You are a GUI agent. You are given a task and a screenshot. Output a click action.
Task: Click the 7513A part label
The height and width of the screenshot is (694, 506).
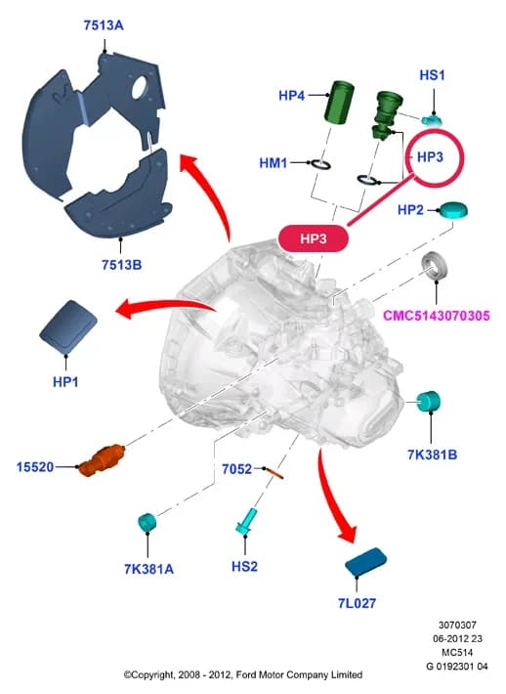[x=104, y=25]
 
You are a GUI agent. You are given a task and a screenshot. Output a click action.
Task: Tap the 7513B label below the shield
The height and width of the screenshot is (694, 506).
[x=122, y=265]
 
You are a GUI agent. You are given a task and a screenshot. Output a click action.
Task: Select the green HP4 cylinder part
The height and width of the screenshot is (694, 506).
[x=339, y=103]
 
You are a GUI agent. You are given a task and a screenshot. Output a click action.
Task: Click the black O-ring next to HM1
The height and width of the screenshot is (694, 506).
[x=320, y=164]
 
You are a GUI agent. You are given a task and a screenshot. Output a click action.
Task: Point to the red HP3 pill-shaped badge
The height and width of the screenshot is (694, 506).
[x=314, y=239]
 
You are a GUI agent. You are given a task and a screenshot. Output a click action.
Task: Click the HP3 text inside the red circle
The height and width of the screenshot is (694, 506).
[x=430, y=156]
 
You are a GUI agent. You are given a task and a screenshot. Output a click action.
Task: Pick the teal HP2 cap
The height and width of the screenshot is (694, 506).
[x=452, y=210]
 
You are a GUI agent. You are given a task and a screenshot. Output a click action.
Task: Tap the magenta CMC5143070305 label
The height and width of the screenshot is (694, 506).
[x=436, y=316]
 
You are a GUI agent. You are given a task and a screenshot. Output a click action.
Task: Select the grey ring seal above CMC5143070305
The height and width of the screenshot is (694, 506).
[x=434, y=265]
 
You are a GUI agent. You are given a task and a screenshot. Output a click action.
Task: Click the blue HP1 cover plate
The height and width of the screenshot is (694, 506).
[x=68, y=327]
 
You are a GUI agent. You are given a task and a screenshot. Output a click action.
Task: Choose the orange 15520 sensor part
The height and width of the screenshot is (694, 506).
[x=102, y=459]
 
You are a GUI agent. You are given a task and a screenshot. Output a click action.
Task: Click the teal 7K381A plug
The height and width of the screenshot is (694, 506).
[x=148, y=522]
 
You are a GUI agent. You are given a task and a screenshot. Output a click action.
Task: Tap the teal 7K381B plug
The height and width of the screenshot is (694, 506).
[x=429, y=402]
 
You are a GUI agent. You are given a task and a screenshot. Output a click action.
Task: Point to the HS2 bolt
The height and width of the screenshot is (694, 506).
[x=246, y=521]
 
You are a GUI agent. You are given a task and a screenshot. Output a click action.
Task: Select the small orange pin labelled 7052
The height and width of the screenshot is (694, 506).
[x=274, y=473]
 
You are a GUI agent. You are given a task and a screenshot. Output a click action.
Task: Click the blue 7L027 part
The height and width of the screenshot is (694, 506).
[x=365, y=563]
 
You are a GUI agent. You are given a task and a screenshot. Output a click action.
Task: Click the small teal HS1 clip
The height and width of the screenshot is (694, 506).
[x=431, y=120]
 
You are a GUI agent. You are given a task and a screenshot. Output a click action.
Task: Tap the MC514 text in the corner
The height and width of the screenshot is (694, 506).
[x=457, y=652]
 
